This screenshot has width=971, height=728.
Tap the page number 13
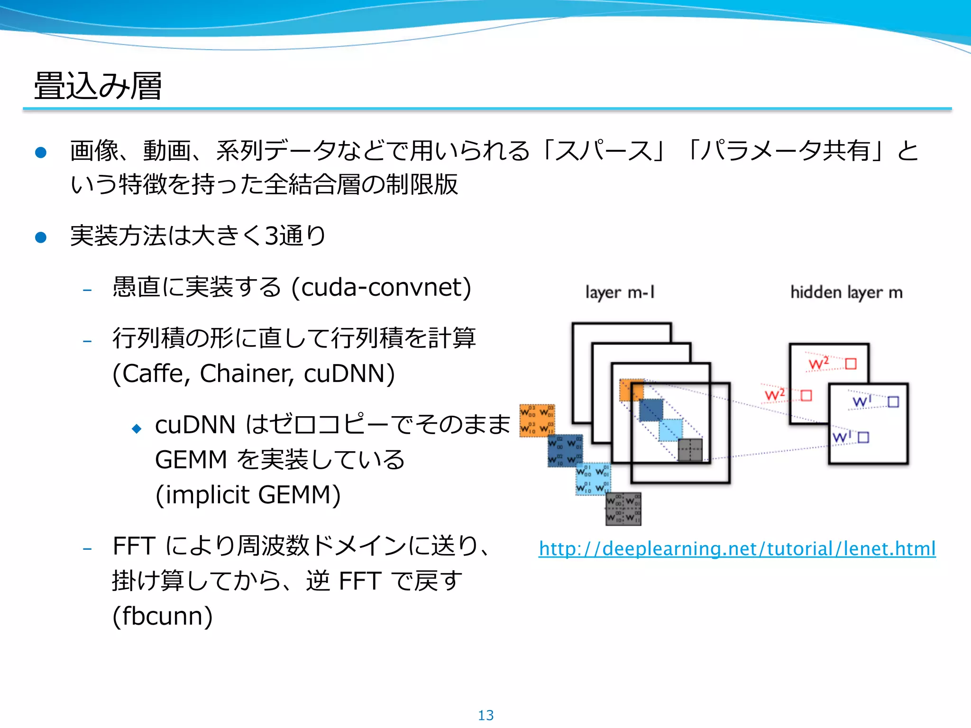485,715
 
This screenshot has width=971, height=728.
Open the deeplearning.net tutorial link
737,549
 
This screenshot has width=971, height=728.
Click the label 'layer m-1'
620,293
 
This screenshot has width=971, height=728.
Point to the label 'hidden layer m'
846,293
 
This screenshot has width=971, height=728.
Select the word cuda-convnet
381,287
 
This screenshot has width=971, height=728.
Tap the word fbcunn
163,616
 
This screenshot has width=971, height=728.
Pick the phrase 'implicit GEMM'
248,495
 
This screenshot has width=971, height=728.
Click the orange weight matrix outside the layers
537,420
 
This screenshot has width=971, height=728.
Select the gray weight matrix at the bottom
623,509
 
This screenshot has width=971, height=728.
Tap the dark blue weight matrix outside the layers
565,450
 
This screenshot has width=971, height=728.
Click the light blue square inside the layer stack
670,430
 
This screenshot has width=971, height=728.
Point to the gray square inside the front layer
690,450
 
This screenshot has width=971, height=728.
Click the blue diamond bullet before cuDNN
137,429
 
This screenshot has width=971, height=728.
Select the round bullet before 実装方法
41,237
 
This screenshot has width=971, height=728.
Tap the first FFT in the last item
134,546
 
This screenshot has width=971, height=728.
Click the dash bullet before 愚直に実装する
87,290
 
